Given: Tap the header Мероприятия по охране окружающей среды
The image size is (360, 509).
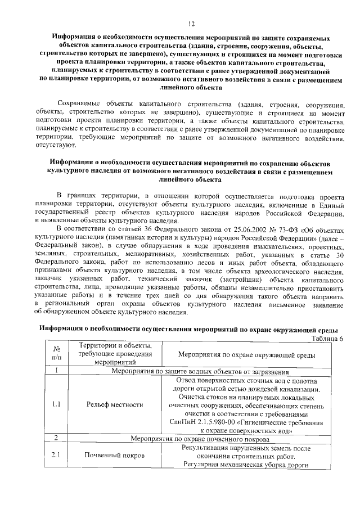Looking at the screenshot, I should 246,355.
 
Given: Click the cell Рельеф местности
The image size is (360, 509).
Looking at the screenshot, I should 115,404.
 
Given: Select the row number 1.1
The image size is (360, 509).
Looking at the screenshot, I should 56,404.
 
